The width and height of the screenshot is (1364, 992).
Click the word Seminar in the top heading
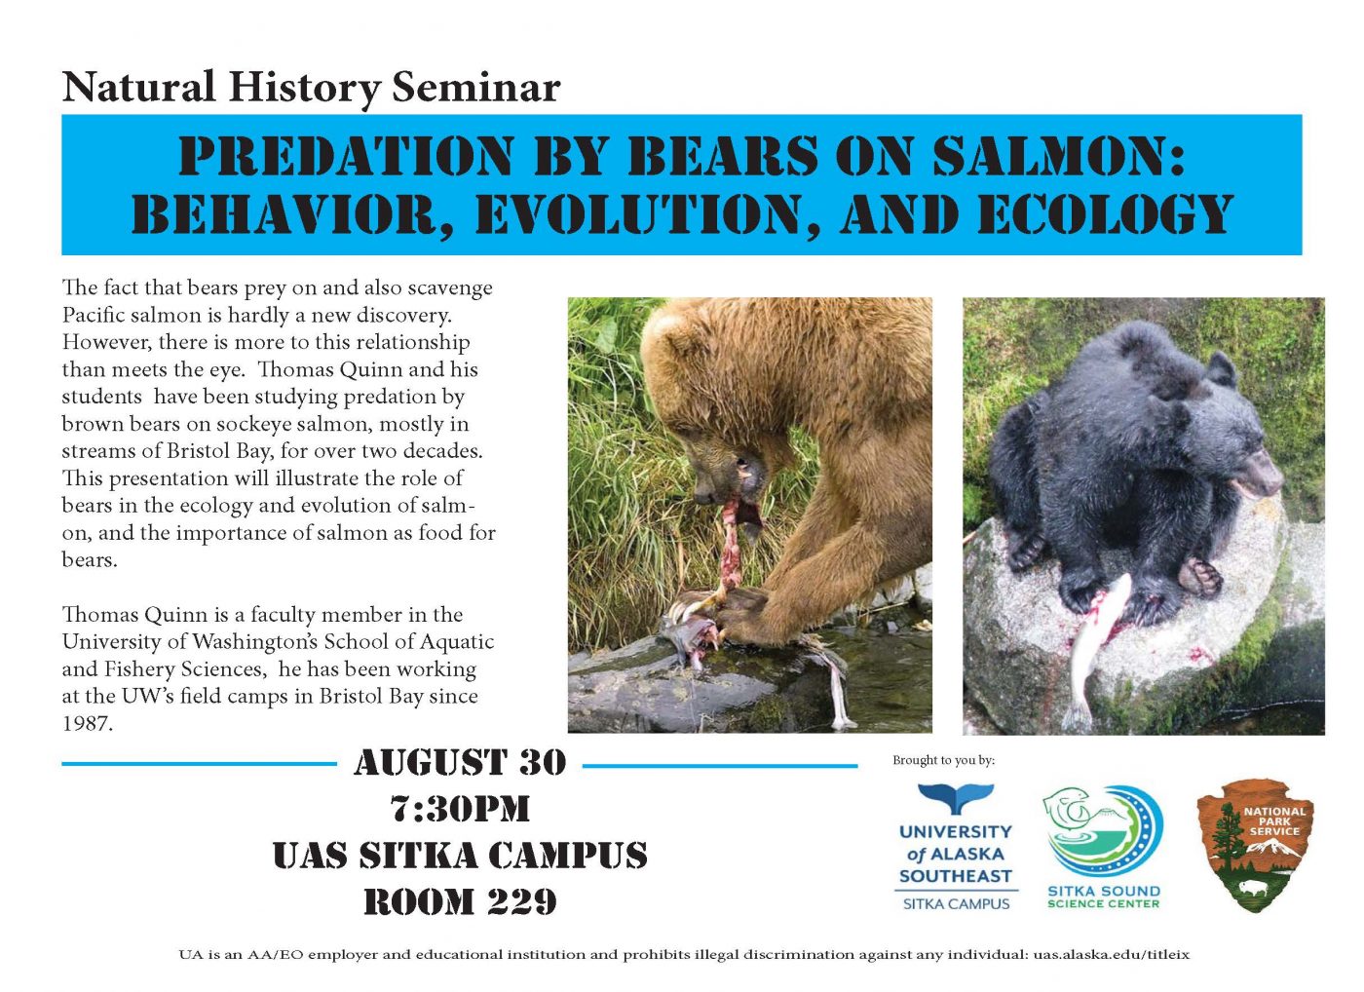pos(475,88)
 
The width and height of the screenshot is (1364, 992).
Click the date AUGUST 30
pos(460,762)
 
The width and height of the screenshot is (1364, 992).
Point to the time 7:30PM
pos(460,809)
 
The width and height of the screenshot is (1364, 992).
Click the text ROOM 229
pos(460,901)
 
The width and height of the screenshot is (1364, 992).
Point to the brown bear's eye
pos(746,465)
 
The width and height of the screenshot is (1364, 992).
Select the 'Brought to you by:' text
pos(943,760)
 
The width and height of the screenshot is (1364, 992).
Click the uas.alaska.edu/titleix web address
pos(1112,955)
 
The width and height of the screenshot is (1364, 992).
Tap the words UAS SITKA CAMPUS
pos(460,855)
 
